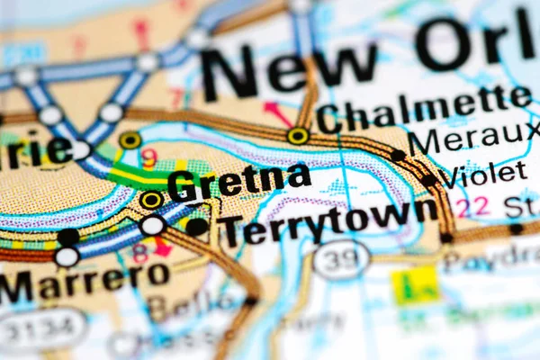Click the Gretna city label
click(x=239, y=181)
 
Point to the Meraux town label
click(x=473, y=141)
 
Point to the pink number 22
click(x=472, y=207)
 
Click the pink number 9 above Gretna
click(x=149, y=158)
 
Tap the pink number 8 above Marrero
click(x=139, y=253)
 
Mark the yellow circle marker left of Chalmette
click(x=298, y=137)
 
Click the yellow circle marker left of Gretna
click(x=151, y=199)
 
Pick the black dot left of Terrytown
click(x=197, y=227)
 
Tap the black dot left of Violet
click(x=430, y=179)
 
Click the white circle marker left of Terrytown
click(x=152, y=225)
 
